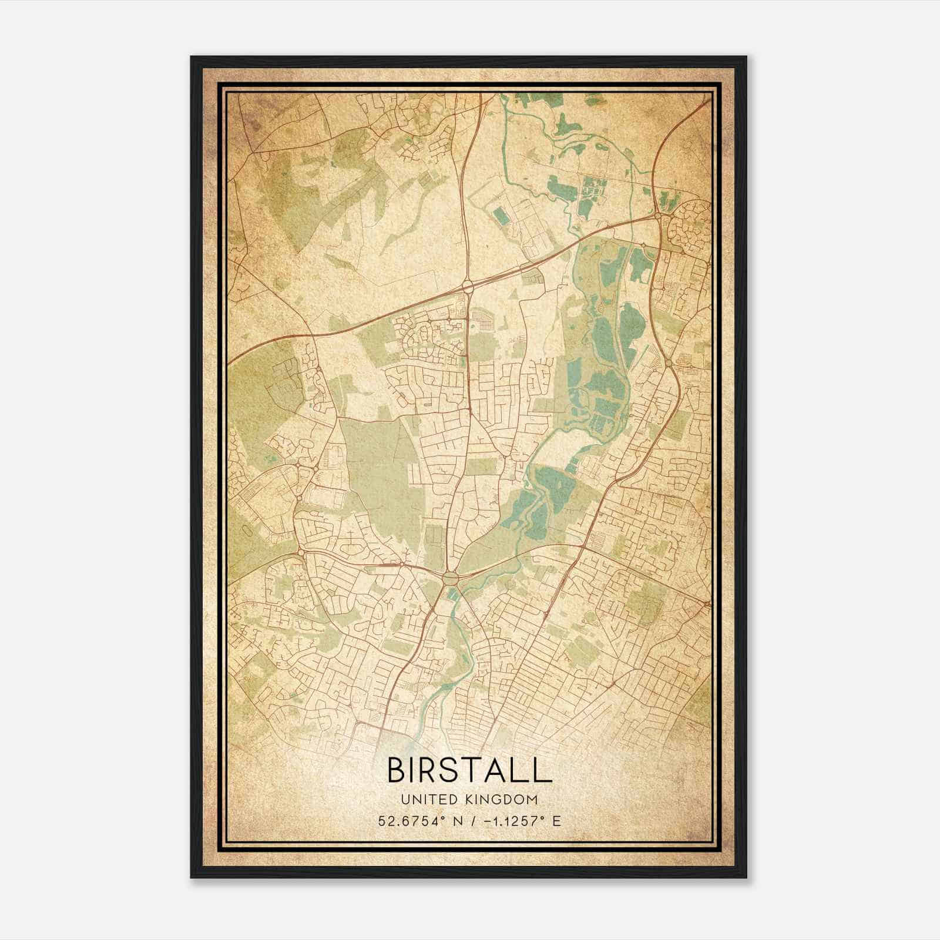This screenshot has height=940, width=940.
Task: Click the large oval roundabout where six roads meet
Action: (x=451, y=578)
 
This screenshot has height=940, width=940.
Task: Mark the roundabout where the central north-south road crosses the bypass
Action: (x=468, y=286)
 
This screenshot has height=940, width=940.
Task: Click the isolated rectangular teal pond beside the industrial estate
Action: (x=502, y=216)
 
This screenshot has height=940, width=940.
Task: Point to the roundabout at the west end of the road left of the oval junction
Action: (x=301, y=552)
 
